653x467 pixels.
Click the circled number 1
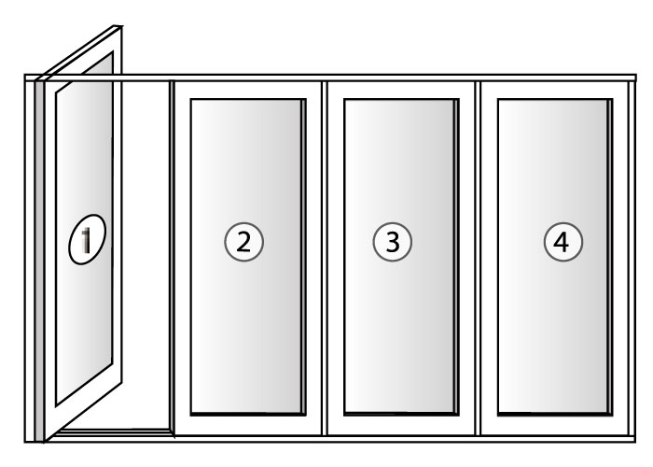coord(87,239)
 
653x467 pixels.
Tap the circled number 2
coord(244,242)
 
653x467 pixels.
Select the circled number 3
coord(393,242)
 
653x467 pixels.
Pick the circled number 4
coord(563,242)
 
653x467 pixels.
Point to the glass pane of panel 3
coord(400,256)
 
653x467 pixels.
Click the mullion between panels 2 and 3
coord(325,258)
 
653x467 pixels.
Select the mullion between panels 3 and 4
coord(478,258)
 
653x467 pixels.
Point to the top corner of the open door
coord(120,27)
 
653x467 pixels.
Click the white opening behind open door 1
coord(146,254)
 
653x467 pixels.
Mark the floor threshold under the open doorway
coord(116,432)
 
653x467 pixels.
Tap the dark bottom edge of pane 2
coord(248,414)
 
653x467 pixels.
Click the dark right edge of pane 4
coord(610,257)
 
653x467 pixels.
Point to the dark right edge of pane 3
coord(457,257)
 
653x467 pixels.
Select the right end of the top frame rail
coord(635,78)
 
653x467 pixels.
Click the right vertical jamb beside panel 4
coord(632,258)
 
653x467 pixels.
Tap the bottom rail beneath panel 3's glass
coord(401,425)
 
